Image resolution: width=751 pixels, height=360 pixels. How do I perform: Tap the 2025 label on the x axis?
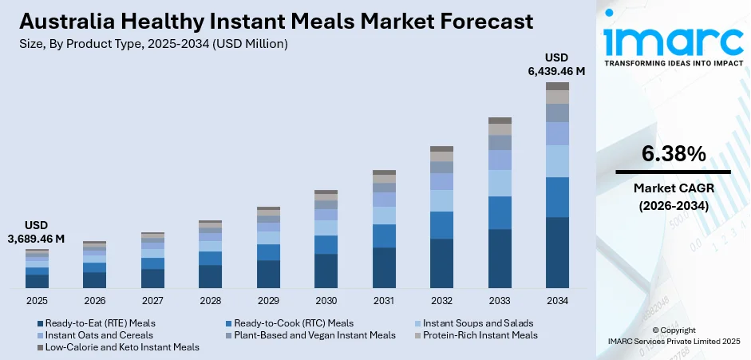(x=37, y=301)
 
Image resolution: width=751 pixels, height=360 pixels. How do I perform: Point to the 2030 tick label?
(x=326, y=301)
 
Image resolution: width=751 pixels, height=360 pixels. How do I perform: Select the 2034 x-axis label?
(x=557, y=301)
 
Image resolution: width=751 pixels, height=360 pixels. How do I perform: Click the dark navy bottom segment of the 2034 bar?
(x=557, y=252)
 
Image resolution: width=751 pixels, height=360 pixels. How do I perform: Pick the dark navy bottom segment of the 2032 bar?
(x=441, y=263)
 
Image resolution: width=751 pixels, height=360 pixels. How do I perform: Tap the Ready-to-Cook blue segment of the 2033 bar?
(x=500, y=212)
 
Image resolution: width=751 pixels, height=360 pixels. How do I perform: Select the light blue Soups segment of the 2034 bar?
(x=557, y=161)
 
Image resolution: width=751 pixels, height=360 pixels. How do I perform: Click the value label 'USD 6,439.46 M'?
(x=556, y=65)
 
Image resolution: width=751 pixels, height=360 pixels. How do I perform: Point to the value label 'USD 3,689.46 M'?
(x=37, y=231)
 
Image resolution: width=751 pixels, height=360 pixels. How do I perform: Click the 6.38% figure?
(x=673, y=154)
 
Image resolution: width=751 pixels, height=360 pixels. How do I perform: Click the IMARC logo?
(x=672, y=40)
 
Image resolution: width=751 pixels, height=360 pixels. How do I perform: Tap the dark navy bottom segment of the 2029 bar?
(x=268, y=274)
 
